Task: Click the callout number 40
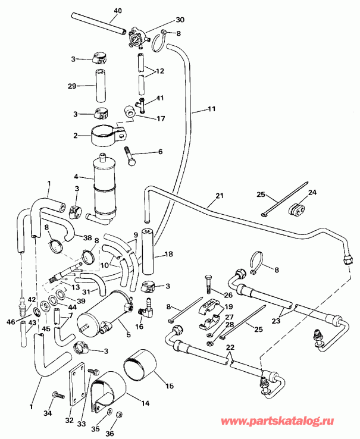point(117,11)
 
